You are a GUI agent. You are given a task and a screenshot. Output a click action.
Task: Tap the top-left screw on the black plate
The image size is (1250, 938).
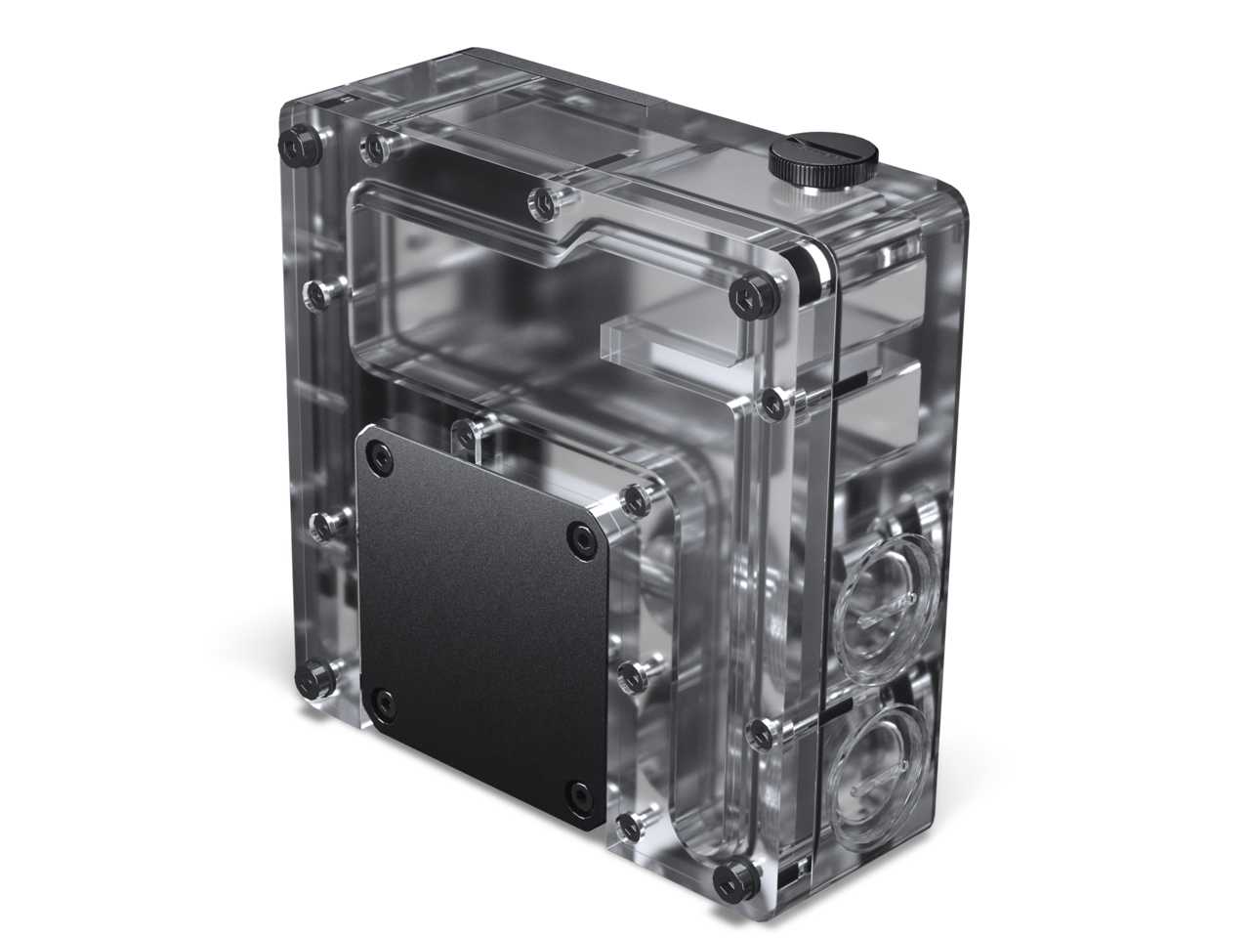pos(378,452)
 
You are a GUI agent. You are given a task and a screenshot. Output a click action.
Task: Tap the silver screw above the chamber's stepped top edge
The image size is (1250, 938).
pos(540,203)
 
